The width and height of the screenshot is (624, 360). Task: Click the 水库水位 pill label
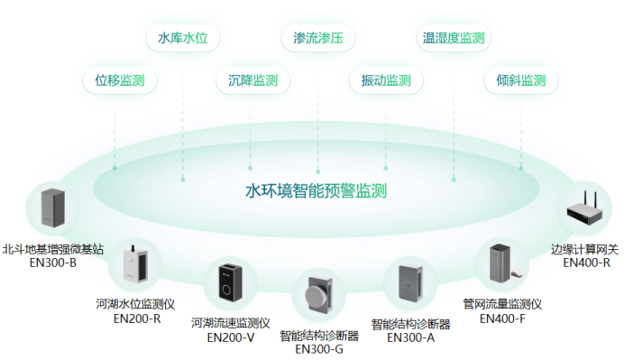pos(189,38)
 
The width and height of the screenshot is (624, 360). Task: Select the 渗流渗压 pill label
pos(318,38)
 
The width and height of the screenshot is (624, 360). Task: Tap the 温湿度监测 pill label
pos(454,38)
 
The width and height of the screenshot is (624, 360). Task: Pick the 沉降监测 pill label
pos(252,80)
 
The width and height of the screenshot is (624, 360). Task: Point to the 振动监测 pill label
pos(385,80)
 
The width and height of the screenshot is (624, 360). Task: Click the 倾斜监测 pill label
pos(520,80)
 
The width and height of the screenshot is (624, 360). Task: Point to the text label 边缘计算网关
pos(585,249)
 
